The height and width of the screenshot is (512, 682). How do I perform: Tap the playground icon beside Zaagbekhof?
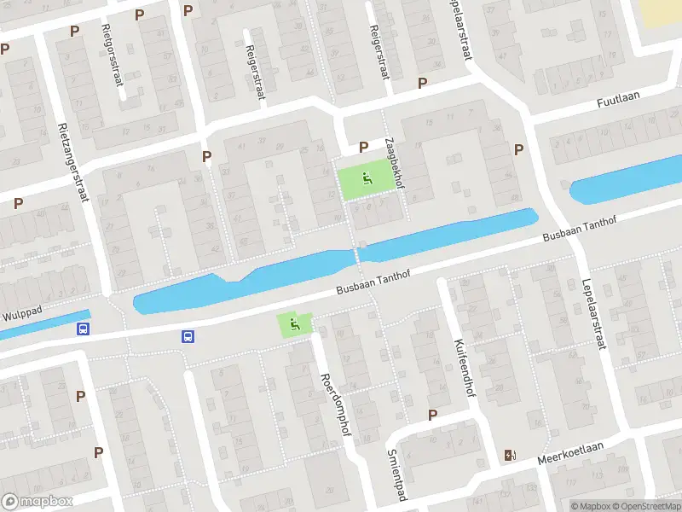tap(367, 178)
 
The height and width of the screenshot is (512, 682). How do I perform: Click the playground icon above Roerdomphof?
tap(294, 323)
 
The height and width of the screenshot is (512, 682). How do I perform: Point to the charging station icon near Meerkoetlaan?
tap(510, 455)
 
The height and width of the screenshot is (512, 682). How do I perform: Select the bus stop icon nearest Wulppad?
tap(83, 329)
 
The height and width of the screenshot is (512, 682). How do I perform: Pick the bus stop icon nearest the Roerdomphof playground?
tap(187, 336)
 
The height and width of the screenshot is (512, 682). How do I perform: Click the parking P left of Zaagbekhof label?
tap(363, 147)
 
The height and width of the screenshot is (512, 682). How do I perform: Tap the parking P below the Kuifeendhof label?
tap(432, 415)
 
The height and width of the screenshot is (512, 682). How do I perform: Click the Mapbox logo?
tap(38, 502)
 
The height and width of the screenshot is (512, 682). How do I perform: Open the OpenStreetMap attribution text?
tap(647, 506)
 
